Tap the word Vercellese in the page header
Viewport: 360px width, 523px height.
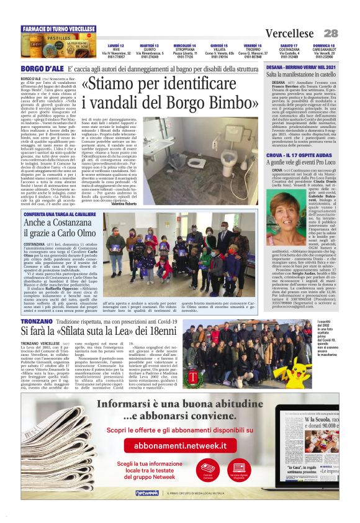[290, 33]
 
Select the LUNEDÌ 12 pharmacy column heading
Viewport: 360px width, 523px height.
[115, 45]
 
